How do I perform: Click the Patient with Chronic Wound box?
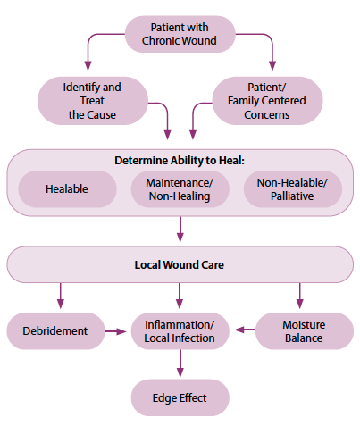click(x=180, y=34)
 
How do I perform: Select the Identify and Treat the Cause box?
click(x=93, y=101)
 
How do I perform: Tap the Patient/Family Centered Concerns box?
click(x=267, y=101)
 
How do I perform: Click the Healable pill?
click(x=67, y=189)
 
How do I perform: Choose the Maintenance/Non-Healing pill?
click(x=180, y=189)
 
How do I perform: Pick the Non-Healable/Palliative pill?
click(x=293, y=189)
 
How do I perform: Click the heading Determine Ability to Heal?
click(x=180, y=161)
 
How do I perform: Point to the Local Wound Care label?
click(x=180, y=265)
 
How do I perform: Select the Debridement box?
click(x=55, y=331)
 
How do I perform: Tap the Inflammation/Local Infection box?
click(x=180, y=331)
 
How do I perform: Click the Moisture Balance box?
click(x=305, y=331)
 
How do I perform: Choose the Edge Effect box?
click(x=180, y=397)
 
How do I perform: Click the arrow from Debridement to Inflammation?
click(x=116, y=331)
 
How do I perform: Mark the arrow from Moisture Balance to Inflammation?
click(x=245, y=330)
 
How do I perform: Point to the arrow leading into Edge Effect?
click(x=180, y=363)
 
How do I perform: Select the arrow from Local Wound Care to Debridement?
click(x=61, y=296)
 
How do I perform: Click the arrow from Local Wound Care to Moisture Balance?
click(x=300, y=296)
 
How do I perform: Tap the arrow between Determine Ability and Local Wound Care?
click(x=180, y=230)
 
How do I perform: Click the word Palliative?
click(x=292, y=196)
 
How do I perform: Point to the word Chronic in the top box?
click(x=159, y=40)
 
